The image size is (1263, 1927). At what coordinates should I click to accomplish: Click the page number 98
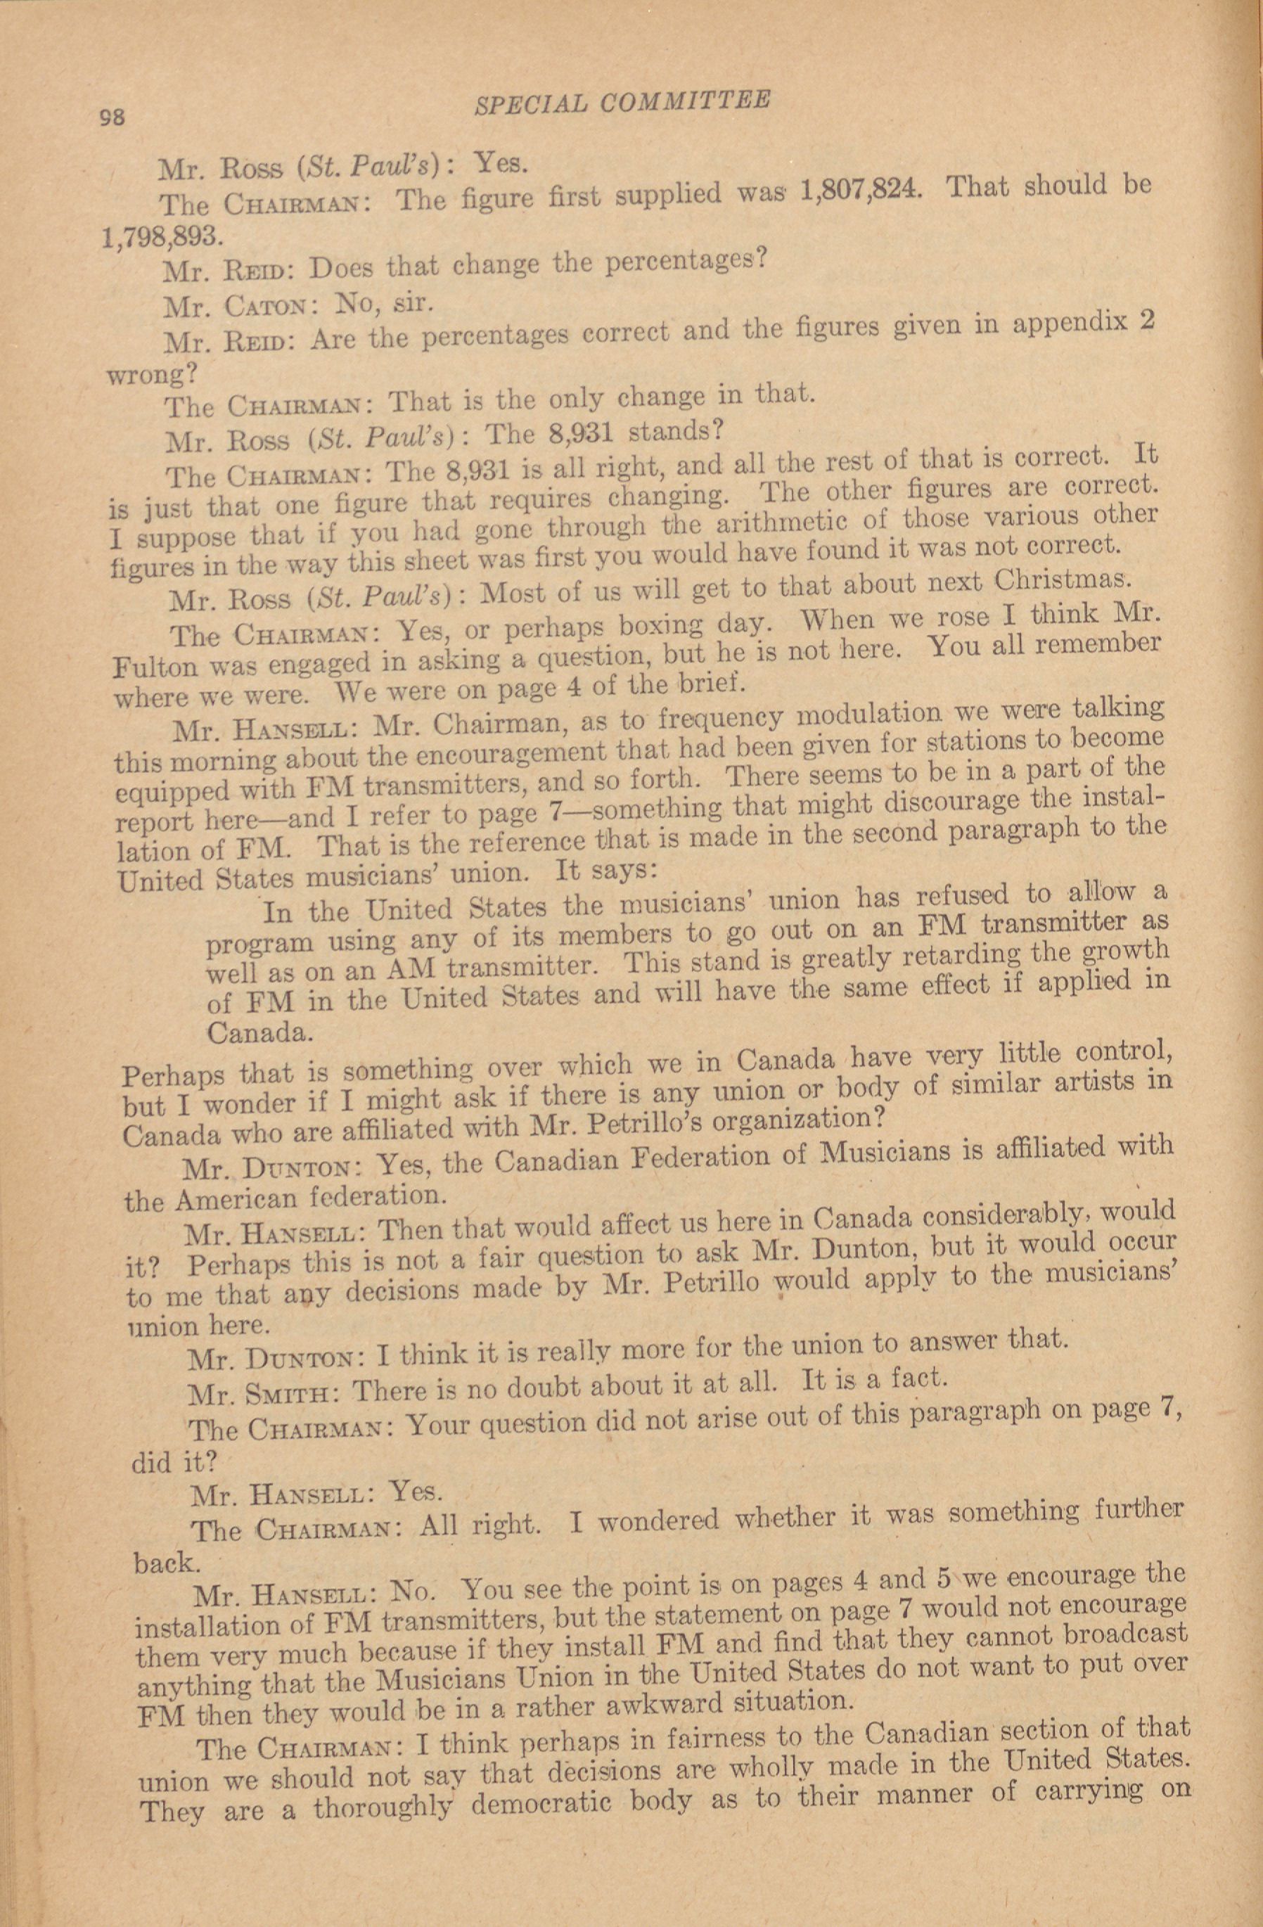(112, 116)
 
